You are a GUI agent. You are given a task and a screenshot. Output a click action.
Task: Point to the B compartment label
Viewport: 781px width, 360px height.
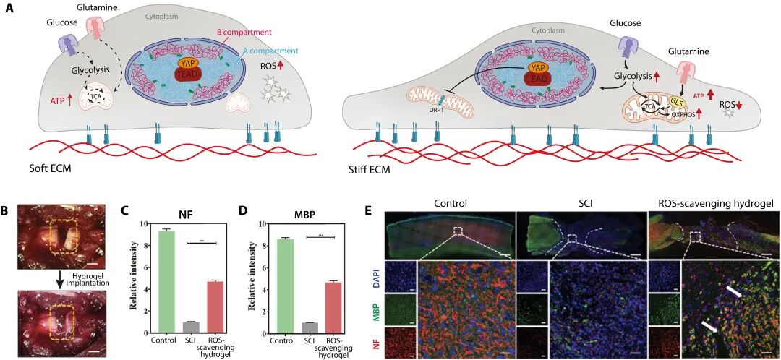(x=244, y=33)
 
